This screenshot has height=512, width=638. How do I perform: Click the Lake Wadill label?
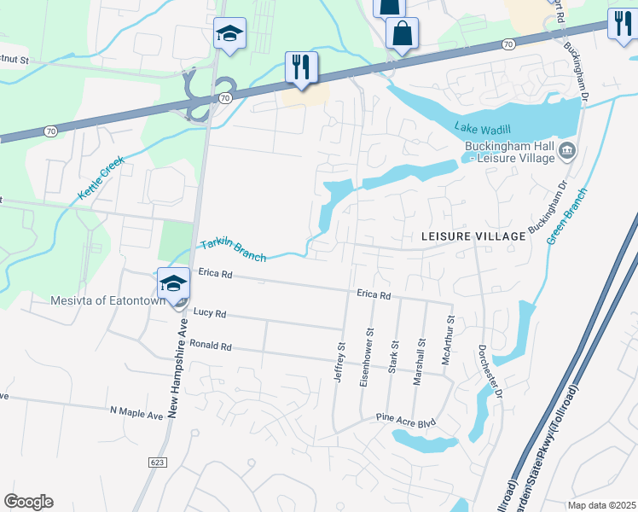pos(482,128)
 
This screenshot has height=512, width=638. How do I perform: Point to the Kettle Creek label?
pos(101,177)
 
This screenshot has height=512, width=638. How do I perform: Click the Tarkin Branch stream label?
pos(233,250)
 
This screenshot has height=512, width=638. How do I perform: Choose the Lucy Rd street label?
pos(209,314)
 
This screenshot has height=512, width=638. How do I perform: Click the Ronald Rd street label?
pos(211,347)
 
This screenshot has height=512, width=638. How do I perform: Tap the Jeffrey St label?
pos(340,363)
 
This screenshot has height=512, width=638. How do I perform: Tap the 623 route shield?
pos(160,462)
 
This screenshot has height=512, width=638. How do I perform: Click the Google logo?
pos(28,502)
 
